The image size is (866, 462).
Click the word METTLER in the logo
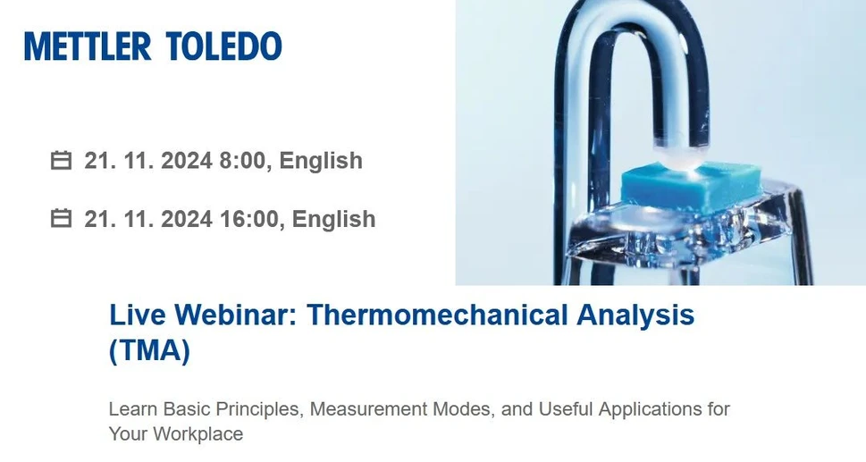[x=88, y=46]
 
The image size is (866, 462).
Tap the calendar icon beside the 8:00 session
[x=61, y=161]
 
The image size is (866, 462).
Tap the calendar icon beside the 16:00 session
[x=61, y=219]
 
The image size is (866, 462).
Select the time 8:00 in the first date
[x=246, y=161]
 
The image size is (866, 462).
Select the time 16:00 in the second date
[x=252, y=219]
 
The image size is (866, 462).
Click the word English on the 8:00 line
[x=321, y=161]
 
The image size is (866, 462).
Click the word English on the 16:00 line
[x=334, y=219]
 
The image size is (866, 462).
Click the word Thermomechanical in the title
[x=437, y=315]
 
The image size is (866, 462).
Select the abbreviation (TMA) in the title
[x=149, y=351]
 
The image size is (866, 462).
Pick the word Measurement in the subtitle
[x=369, y=409]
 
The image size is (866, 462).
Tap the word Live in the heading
[x=138, y=315]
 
